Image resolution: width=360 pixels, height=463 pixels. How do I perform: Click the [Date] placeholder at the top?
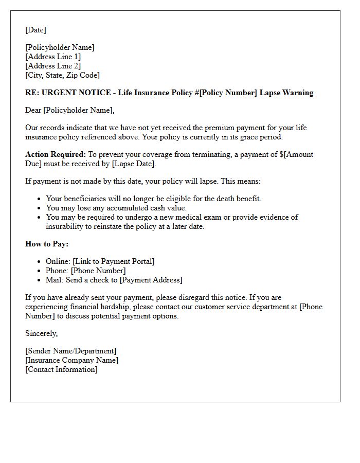click(35, 30)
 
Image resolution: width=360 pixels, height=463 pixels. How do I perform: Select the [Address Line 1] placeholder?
click(53, 57)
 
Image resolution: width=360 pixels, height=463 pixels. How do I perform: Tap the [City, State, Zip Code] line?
click(62, 75)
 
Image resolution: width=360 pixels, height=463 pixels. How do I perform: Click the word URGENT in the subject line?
click(56, 93)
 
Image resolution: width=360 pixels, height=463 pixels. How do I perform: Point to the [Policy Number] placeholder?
click(228, 93)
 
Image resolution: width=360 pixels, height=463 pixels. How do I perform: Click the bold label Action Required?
click(56, 154)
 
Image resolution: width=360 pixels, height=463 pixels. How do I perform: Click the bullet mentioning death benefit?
click(154, 199)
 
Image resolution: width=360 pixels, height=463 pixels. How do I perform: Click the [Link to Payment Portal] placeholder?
click(114, 261)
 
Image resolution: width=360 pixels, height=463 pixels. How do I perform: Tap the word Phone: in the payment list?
click(57, 271)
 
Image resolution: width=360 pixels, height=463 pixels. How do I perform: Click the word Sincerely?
click(41, 333)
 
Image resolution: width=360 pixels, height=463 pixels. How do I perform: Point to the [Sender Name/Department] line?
click(71, 351)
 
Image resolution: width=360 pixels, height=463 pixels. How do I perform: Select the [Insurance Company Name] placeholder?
click(71, 360)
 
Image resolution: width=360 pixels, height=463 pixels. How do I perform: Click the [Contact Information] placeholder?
click(61, 369)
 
